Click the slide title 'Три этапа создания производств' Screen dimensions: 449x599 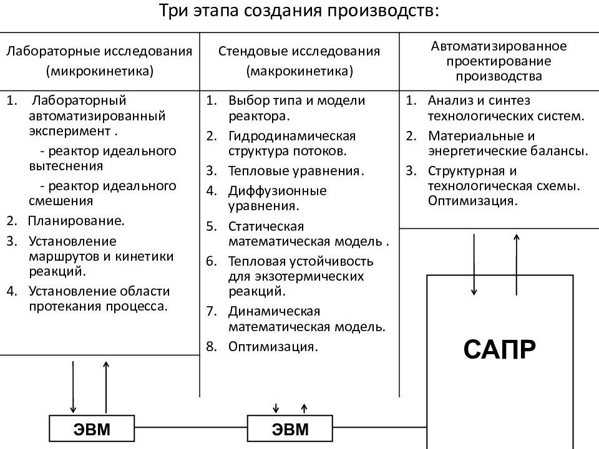299,12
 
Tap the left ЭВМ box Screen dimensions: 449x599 92,429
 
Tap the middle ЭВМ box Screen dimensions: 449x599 290,429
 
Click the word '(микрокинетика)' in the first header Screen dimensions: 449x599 99,71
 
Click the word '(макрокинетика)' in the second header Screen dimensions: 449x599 299,71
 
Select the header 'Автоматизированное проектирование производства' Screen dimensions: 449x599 499,62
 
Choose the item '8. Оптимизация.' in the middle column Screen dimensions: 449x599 273,346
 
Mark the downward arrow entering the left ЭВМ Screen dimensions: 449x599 73,387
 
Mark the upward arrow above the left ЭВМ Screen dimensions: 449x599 105,387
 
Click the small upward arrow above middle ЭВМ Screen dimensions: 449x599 304,408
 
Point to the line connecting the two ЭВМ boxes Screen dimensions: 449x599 191,429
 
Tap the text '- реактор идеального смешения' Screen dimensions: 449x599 102,193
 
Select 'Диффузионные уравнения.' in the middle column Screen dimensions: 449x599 276,197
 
